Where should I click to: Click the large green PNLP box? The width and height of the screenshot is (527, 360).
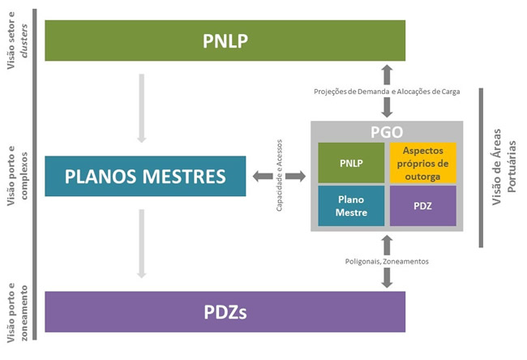[x=225, y=41]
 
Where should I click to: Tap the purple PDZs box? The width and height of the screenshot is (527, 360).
[x=225, y=312]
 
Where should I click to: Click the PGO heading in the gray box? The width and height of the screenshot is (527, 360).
[x=387, y=131]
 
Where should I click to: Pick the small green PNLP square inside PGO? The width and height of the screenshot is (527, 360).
[x=350, y=162]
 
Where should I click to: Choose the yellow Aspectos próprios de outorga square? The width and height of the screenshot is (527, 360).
[x=423, y=162]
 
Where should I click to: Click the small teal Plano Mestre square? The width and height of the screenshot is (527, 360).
[x=350, y=206]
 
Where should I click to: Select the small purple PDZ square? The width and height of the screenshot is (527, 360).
[x=423, y=206]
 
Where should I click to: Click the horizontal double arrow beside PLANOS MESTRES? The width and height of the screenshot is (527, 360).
[x=279, y=176]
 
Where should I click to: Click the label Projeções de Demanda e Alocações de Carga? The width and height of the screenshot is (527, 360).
[x=387, y=92]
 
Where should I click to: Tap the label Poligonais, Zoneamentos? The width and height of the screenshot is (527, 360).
[x=387, y=261]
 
